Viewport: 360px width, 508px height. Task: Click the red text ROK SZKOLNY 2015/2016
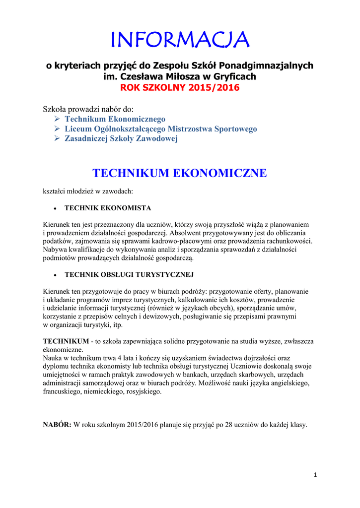(x=179, y=88)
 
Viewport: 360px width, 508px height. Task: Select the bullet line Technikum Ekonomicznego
(x=115, y=119)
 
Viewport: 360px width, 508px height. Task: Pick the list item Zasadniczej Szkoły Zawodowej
(x=121, y=139)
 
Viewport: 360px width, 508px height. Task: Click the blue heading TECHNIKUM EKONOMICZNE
(x=180, y=173)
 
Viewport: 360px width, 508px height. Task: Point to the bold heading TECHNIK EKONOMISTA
(x=108, y=208)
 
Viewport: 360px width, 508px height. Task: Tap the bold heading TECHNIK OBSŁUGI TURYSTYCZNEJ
(x=129, y=274)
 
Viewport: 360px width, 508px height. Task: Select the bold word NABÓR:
(x=58, y=425)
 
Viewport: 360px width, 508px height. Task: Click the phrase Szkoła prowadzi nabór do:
(x=88, y=109)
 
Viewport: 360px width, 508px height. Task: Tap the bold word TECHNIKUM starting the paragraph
(x=66, y=342)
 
